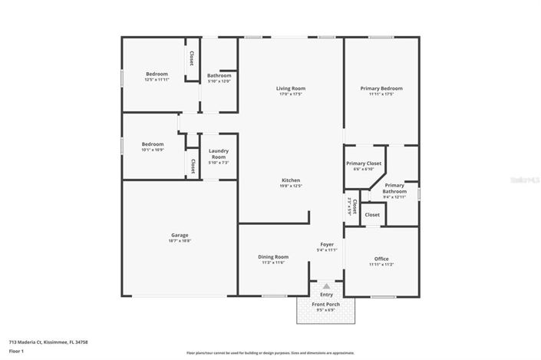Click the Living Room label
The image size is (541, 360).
[291, 88]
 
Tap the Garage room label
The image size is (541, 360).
[180, 235]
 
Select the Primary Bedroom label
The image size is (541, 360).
[381, 88]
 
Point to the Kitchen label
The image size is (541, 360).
[291, 180]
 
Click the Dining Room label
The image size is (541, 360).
[272, 256]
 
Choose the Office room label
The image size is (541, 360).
[381, 259]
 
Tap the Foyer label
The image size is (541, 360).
[326, 244]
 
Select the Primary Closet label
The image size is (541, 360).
[364, 163]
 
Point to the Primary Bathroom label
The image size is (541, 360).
[394, 188]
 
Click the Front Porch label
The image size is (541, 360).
[326, 305]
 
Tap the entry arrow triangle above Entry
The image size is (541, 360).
[326, 286]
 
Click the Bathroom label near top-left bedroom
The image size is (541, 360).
[219, 75]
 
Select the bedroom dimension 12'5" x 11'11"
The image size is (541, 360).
[157, 80]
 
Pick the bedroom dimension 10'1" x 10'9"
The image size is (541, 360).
[152, 149]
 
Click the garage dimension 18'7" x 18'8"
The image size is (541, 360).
[180, 240]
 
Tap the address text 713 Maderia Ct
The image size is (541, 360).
[48, 342]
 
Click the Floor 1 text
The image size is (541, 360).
[17, 351]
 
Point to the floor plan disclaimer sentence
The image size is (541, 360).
[270, 352]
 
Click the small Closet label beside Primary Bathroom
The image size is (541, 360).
[372, 215]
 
